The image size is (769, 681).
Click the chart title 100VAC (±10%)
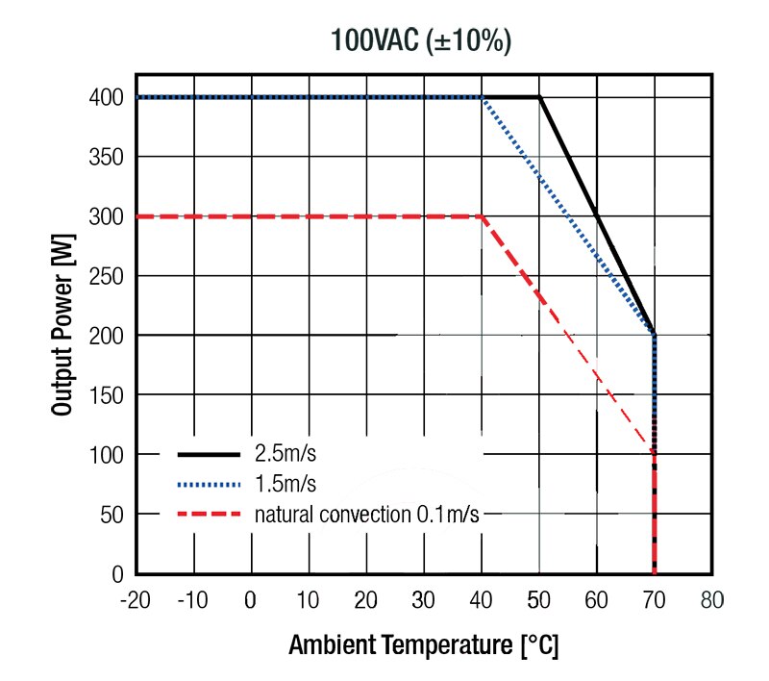click(x=421, y=40)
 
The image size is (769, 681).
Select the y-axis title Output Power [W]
click(x=63, y=327)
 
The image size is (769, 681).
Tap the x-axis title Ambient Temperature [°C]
click(x=423, y=644)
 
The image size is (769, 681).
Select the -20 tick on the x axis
click(x=136, y=601)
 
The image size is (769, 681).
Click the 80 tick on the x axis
click(x=712, y=601)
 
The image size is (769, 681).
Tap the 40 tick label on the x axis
click(x=481, y=601)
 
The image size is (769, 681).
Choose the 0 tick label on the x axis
click(x=251, y=601)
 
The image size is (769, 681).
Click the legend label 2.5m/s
click(x=285, y=452)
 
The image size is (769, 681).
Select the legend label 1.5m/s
click(x=285, y=483)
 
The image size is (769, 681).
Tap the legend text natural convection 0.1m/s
click(x=366, y=515)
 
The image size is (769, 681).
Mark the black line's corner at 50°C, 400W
click(x=539, y=97)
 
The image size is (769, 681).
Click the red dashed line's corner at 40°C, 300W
click(x=481, y=216)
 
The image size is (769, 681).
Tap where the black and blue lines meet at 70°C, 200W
click(x=654, y=335)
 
